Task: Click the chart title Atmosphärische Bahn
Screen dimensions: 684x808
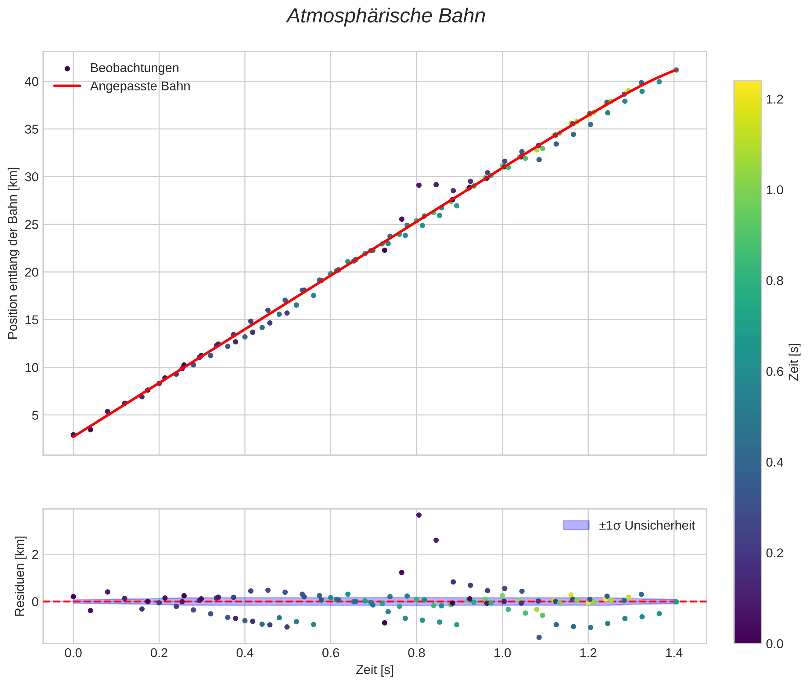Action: click(x=386, y=16)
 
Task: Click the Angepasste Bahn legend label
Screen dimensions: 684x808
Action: click(x=140, y=86)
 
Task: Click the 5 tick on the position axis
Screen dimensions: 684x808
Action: click(x=35, y=415)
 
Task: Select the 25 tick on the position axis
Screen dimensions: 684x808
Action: click(x=32, y=224)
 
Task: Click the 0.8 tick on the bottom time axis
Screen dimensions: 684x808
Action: click(x=416, y=653)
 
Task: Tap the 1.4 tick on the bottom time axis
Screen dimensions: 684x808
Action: click(x=674, y=653)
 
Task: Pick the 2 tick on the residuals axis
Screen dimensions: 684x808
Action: click(x=35, y=555)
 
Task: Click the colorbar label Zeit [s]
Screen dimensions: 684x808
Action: click(x=794, y=362)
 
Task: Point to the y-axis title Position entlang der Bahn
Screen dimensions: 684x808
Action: click(x=13, y=253)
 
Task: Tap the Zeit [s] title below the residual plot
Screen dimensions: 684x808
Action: click(x=374, y=670)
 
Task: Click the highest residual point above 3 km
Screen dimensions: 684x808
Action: click(x=418, y=515)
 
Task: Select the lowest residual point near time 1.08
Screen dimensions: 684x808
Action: click(x=539, y=637)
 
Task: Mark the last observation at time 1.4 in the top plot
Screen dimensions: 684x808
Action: click(x=676, y=70)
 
